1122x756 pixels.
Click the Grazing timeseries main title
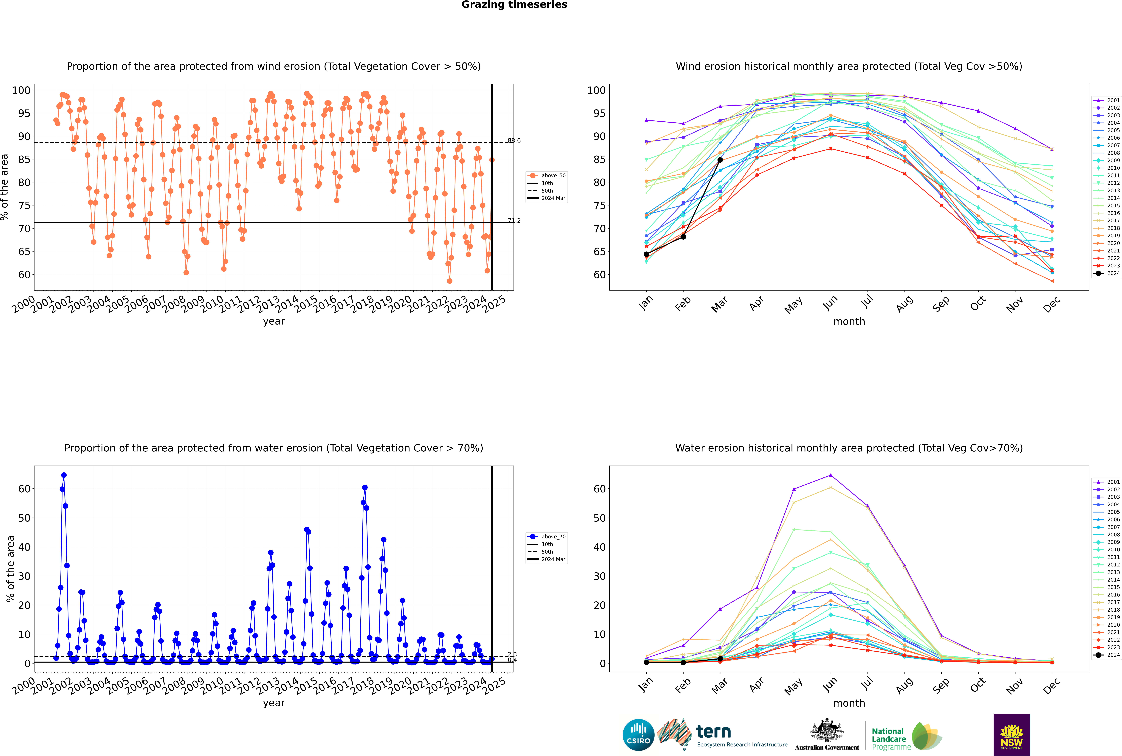pyautogui.click(x=514, y=5)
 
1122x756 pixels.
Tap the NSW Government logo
pyautogui.click(x=1012, y=735)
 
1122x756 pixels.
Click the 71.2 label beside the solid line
pyautogui.click(x=514, y=221)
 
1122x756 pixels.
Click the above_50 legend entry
pyautogui.click(x=547, y=176)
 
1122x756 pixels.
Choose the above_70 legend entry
pyautogui.click(x=547, y=537)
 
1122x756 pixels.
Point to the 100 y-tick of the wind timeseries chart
pyautogui.click(x=21, y=90)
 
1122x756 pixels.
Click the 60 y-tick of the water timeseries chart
pyautogui.click(x=24, y=489)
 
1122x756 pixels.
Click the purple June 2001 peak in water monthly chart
pyautogui.click(x=831, y=475)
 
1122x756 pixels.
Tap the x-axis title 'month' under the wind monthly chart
pyautogui.click(x=849, y=322)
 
